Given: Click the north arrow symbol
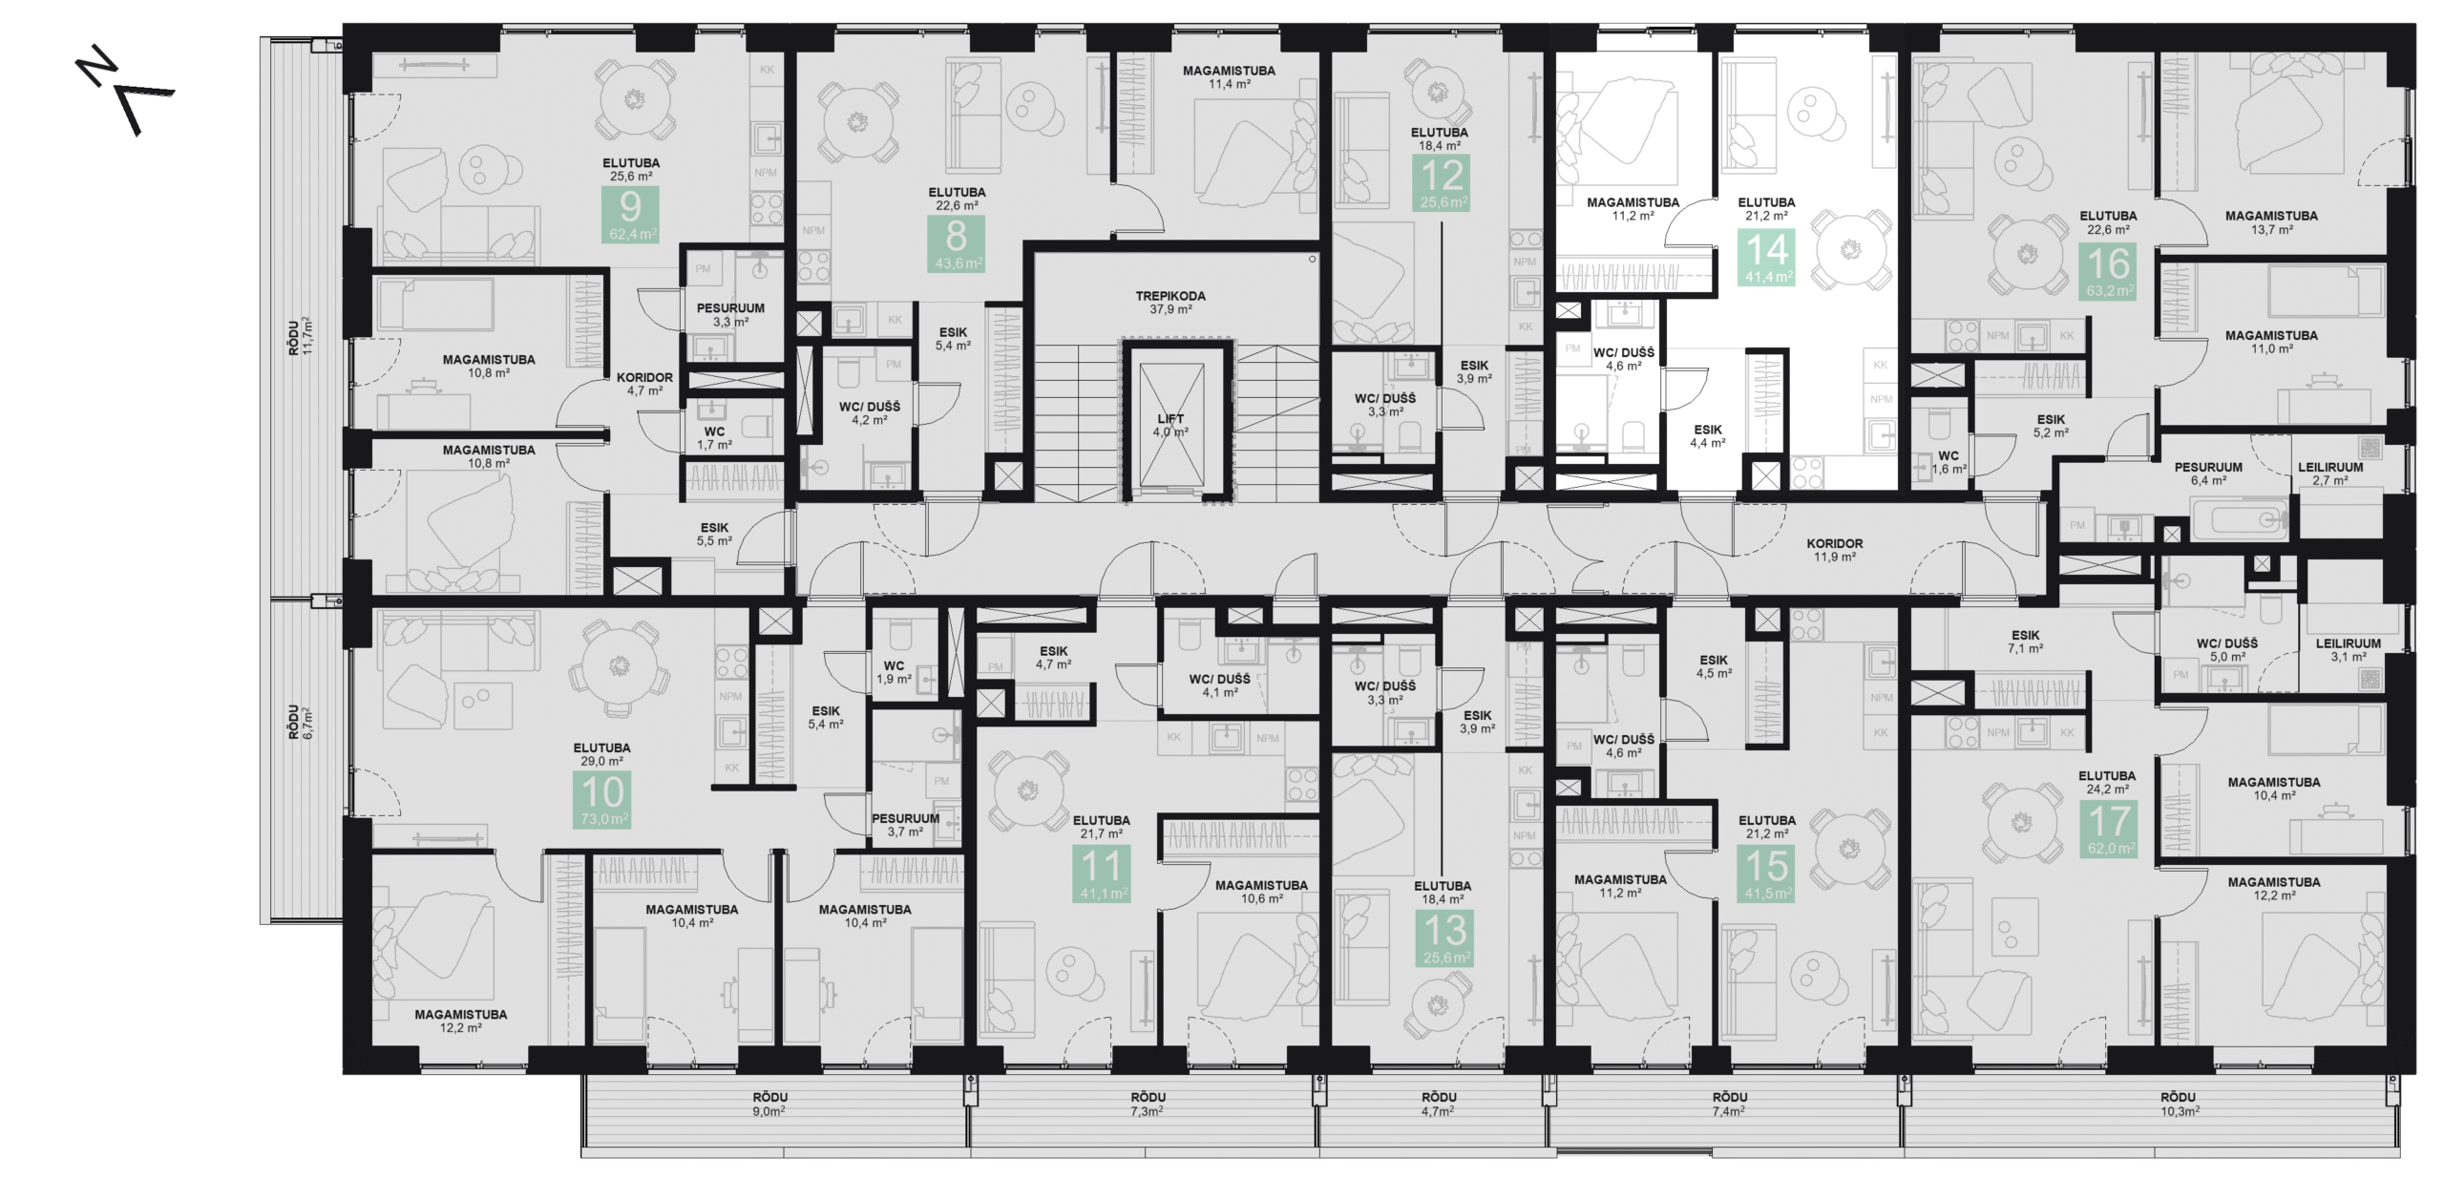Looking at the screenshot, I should (125, 94).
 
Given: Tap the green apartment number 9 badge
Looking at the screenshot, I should (630, 215).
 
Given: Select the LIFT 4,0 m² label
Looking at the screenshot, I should (1169, 425).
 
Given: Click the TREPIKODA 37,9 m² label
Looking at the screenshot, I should (1169, 303).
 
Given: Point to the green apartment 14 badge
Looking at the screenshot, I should (1767, 257).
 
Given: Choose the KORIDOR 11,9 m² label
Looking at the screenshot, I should (1834, 550).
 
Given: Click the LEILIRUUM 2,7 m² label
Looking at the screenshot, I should (2329, 474).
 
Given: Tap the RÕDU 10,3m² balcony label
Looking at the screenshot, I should (2179, 1104).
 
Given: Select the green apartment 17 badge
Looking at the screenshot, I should (2109, 828).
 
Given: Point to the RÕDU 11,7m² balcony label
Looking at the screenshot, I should (301, 336).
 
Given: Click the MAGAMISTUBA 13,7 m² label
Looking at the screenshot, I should (2271, 222).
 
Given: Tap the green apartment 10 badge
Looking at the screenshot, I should (602, 800).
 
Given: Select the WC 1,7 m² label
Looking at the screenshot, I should (714, 438).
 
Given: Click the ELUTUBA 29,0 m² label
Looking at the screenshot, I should (601, 754).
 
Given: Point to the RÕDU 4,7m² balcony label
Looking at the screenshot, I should (1438, 1104).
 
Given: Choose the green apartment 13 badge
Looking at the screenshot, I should (1445, 938).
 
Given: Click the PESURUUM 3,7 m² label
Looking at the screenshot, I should (904, 825).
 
